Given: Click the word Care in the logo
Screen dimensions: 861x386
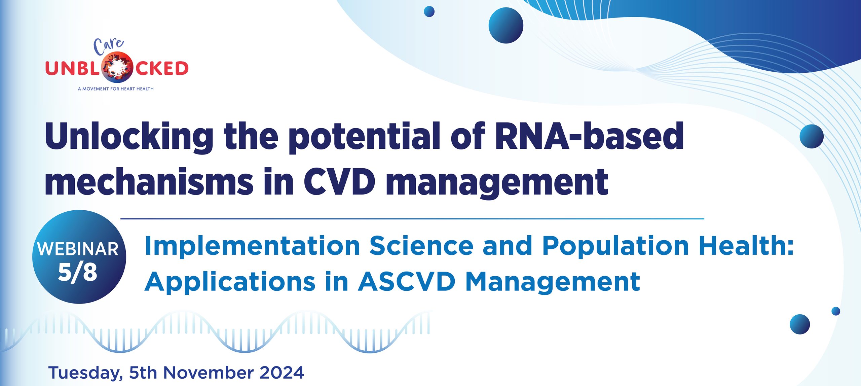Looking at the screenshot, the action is [x=109, y=46].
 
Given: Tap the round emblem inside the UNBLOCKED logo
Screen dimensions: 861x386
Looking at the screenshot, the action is [x=117, y=68].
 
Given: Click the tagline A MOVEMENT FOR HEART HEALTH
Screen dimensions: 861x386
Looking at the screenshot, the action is [x=116, y=89].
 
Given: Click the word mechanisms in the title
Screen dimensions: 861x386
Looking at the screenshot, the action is [x=149, y=181].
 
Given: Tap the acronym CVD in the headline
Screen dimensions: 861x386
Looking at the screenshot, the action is [x=339, y=181].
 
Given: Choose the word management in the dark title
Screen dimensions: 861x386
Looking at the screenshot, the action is [x=497, y=183].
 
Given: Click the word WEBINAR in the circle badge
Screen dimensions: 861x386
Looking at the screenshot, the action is [x=78, y=249].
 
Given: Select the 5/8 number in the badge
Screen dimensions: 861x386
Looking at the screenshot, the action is [x=78, y=272].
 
